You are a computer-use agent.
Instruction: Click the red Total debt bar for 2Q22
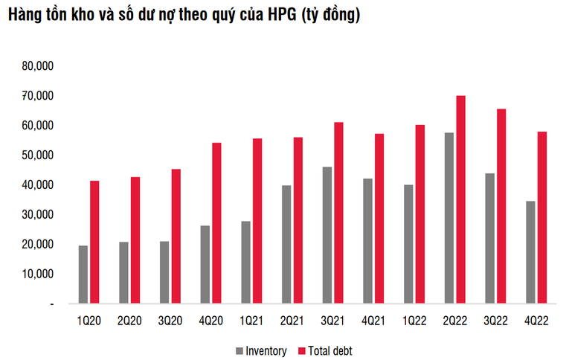point(461,199)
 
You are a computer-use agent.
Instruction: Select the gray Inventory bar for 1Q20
point(83,274)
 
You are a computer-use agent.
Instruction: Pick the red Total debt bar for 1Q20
point(94,242)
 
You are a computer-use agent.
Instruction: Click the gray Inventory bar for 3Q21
point(327,235)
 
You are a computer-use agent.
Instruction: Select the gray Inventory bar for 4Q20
point(205,264)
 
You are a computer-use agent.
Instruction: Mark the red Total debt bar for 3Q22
point(501,206)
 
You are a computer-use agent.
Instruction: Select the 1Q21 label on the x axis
point(251,320)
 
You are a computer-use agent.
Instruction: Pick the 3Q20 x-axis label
point(170,320)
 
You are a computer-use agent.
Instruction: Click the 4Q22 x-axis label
point(535,320)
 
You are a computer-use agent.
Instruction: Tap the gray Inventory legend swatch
point(240,350)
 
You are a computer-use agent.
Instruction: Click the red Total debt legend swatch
point(301,350)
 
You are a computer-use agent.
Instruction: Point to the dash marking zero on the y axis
point(51,304)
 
